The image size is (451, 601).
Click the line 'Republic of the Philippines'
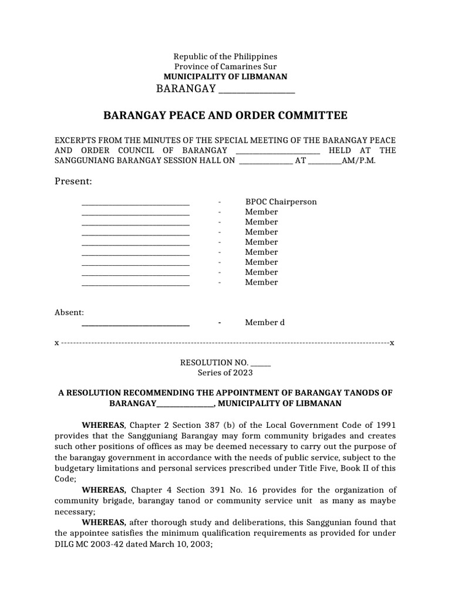click(225, 56)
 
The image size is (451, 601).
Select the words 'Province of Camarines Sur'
click(225, 66)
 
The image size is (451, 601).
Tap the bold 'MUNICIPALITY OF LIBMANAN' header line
click(225, 77)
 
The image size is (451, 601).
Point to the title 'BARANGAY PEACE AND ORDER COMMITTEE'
click(225, 116)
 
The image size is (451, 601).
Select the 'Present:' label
click(73, 181)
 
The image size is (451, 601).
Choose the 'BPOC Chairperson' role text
click(281, 202)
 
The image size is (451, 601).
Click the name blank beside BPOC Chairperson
click(135, 202)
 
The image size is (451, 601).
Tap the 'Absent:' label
click(69, 312)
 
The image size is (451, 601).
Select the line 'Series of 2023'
click(225, 373)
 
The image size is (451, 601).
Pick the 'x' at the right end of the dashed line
click(392, 343)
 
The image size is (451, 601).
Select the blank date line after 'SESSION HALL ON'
click(265, 161)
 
